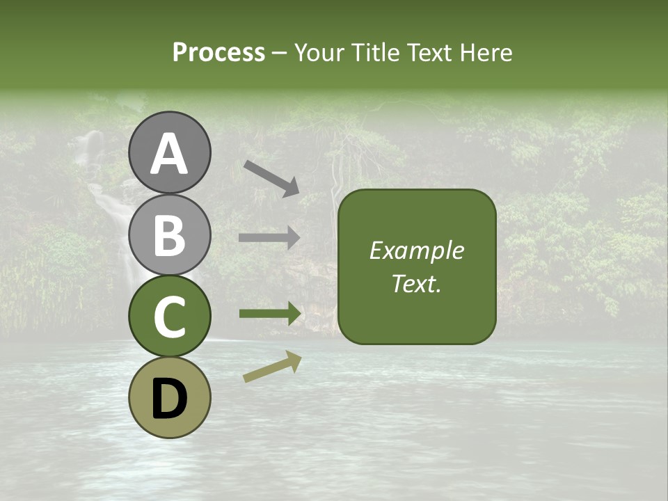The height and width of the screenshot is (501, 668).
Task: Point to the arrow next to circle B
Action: (x=269, y=238)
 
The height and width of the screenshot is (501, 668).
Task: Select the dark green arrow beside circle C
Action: (x=269, y=314)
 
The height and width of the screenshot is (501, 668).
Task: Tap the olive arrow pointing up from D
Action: (x=272, y=367)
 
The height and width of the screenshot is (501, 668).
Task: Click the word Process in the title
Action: (x=218, y=52)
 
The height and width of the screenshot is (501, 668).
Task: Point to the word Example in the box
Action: (x=417, y=250)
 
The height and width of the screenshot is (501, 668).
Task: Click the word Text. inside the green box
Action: (x=417, y=283)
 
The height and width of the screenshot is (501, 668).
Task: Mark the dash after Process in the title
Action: (x=279, y=54)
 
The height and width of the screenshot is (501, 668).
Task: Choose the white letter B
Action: (x=170, y=234)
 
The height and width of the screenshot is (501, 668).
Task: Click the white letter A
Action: (x=170, y=153)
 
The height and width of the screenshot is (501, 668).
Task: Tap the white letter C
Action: (x=170, y=317)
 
